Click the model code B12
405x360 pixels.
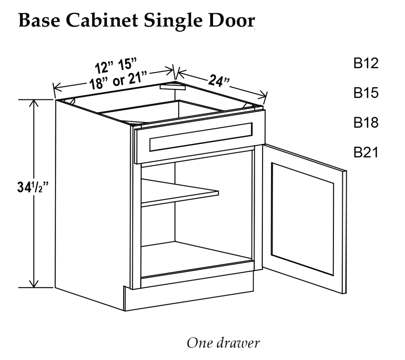coord(366,63)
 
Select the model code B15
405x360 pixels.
coord(366,93)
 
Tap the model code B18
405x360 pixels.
coord(366,122)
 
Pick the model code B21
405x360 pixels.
coord(366,152)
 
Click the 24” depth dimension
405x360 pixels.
coord(219,81)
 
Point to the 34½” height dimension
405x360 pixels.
coord(33,187)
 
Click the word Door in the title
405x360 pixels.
coord(232,20)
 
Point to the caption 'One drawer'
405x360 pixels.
coord(223,343)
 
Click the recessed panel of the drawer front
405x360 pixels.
coord(201,137)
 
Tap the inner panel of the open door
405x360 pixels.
coord(303,219)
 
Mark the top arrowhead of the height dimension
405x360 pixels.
coord(34,103)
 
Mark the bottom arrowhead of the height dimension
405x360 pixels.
coord(34,284)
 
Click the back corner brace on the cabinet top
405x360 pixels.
coord(173,87)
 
